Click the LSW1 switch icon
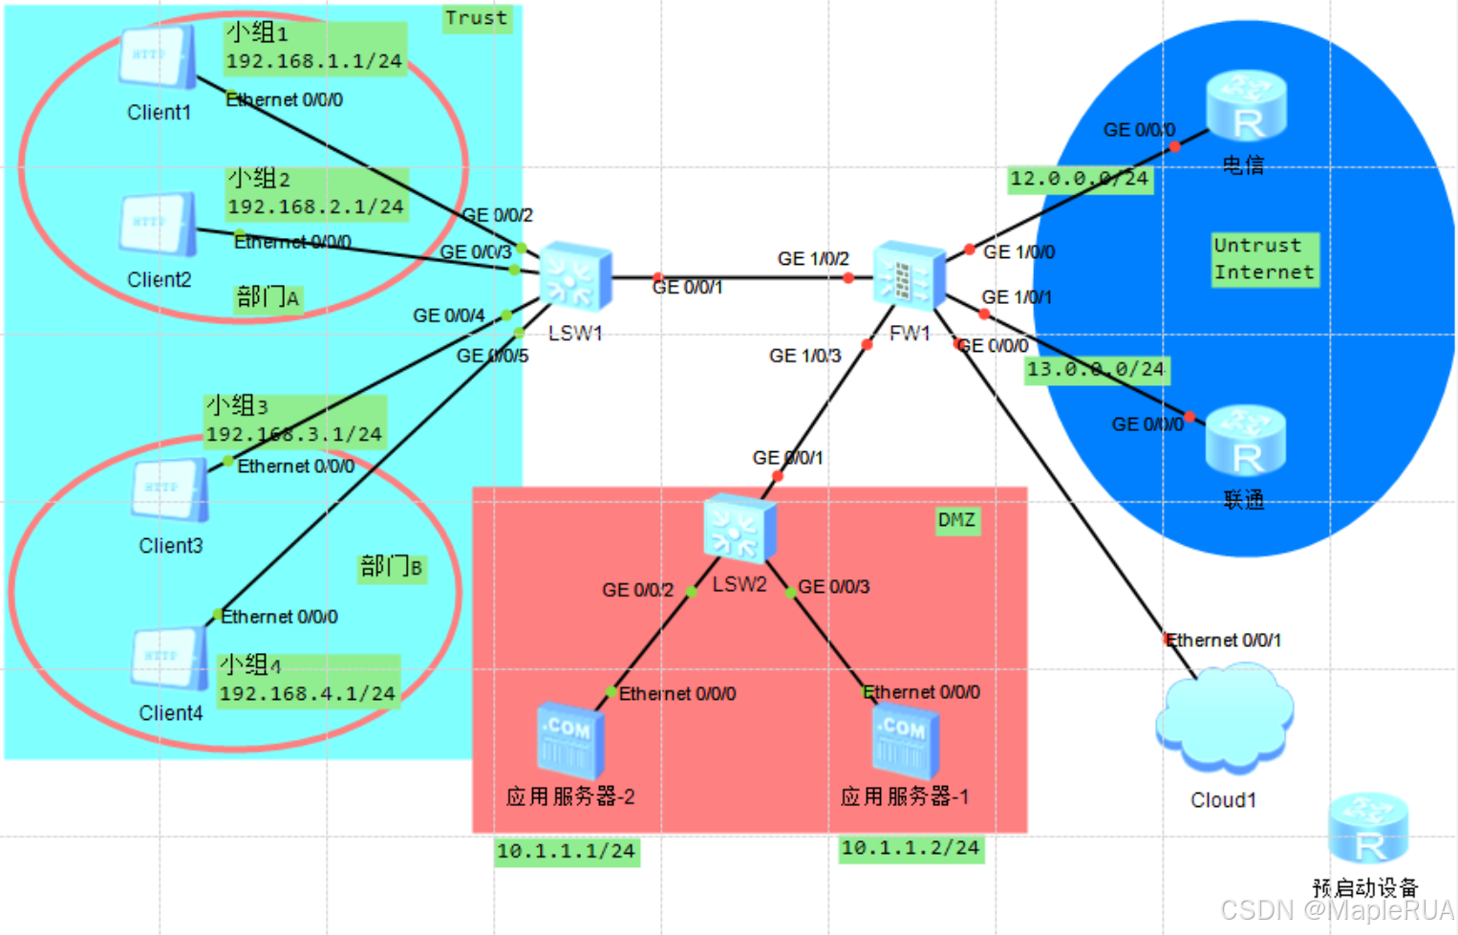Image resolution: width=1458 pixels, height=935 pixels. click(x=575, y=278)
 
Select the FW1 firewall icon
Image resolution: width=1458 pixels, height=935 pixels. click(x=909, y=276)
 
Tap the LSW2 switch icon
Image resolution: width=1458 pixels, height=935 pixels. click(x=739, y=529)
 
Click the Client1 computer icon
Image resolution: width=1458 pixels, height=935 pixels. click(x=158, y=57)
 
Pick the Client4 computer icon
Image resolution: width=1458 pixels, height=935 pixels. click(x=170, y=659)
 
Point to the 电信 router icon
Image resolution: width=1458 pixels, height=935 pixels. click(x=1246, y=106)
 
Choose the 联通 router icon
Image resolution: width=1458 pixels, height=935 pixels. click(x=1245, y=441)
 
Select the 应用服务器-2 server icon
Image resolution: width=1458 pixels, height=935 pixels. click(x=569, y=742)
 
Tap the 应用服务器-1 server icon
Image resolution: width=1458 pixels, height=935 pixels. click(x=905, y=742)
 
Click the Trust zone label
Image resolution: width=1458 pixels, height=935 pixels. click(x=477, y=18)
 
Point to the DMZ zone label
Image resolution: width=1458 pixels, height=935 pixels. click(x=956, y=520)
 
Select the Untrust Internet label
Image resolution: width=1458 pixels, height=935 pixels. click(x=1263, y=259)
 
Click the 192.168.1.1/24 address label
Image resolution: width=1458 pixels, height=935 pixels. click(x=314, y=61)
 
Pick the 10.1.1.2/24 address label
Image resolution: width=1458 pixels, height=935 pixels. click(x=910, y=848)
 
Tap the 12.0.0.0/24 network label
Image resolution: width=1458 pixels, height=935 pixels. click(x=1080, y=179)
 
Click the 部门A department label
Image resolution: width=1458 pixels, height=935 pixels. click(x=268, y=298)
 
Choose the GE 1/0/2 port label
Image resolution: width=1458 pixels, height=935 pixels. click(x=813, y=259)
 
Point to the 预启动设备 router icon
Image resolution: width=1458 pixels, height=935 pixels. click(x=1368, y=829)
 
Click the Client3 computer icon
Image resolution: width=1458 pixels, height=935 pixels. click(x=170, y=490)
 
